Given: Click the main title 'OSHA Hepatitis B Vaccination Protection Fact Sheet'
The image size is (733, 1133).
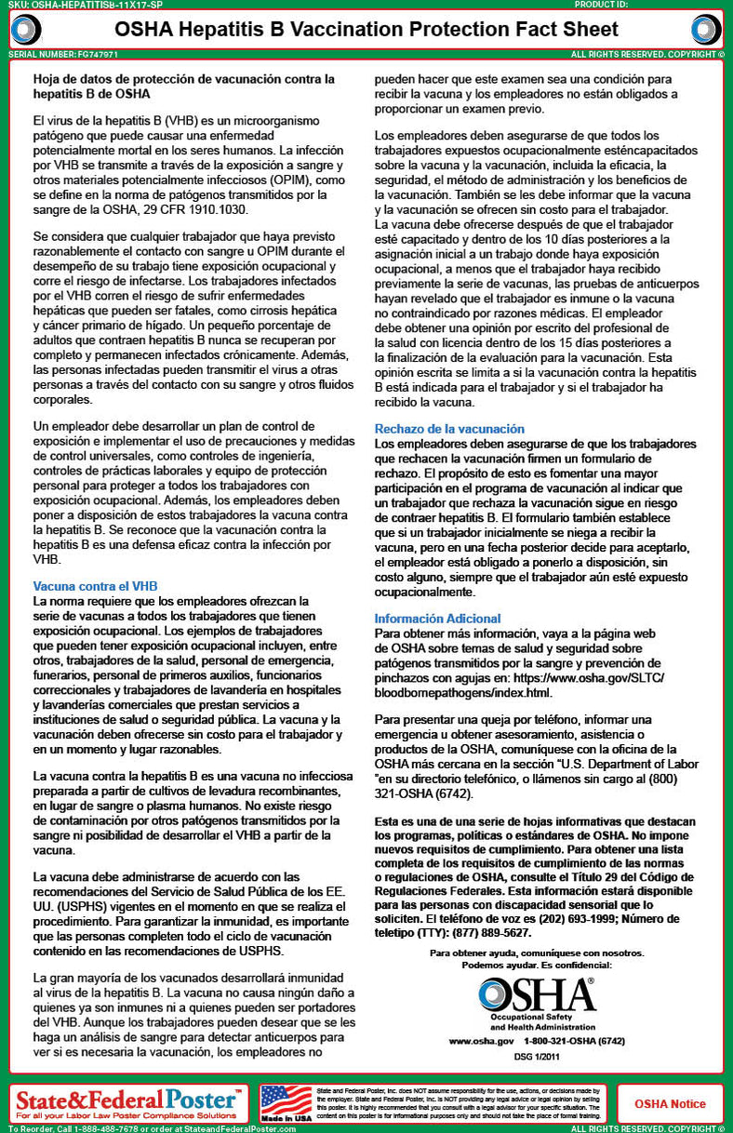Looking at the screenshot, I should click(x=366, y=31).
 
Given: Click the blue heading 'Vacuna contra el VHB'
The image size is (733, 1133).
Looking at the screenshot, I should click(x=95, y=586).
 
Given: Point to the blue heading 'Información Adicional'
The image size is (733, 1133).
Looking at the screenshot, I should click(x=437, y=619).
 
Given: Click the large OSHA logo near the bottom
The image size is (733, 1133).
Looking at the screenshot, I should click(x=537, y=998).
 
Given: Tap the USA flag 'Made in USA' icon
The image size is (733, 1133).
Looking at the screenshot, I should click(x=286, y=1102).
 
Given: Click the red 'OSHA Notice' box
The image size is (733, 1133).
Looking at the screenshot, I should click(x=670, y=1104).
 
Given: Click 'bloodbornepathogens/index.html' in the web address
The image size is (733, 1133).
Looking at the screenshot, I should click(x=462, y=693).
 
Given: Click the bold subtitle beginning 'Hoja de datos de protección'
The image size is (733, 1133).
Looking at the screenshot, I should click(x=182, y=87).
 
